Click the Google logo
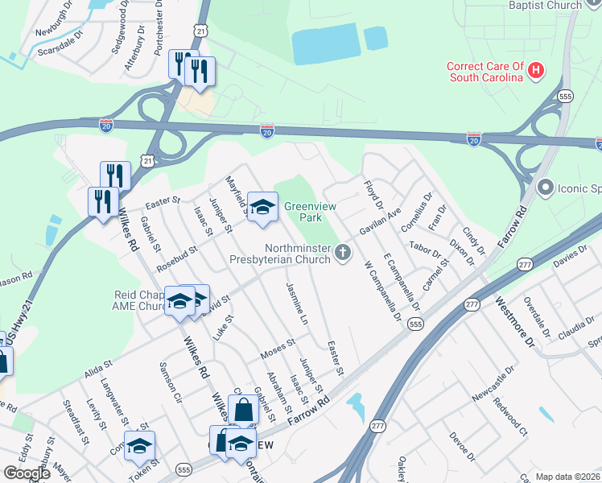[x=27, y=473]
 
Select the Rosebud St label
[x=177, y=259]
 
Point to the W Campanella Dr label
[x=382, y=290]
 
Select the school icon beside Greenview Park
[x=262, y=207]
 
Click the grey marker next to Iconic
[x=545, y=188]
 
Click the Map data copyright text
[x=568, y=477]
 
